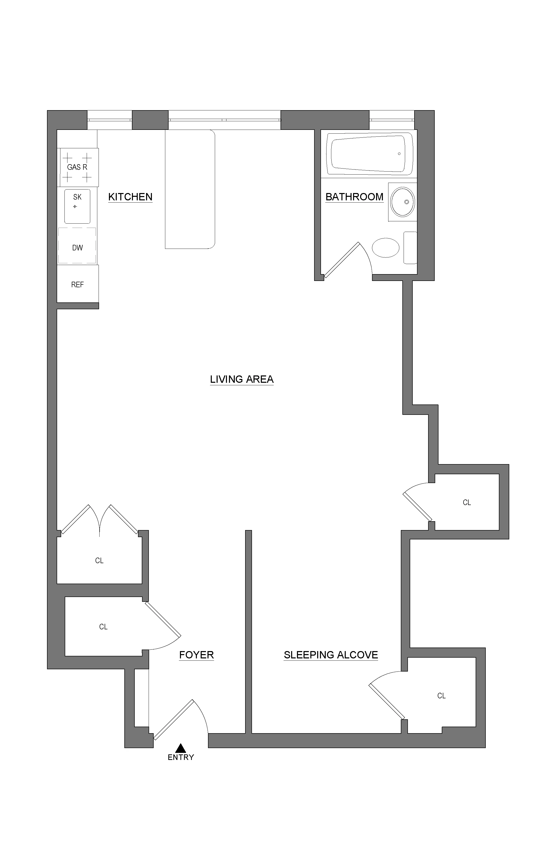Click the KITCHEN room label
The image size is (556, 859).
130,197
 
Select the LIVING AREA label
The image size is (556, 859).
242,379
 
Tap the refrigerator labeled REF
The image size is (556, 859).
78,284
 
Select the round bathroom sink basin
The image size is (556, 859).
403,202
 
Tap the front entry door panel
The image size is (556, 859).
173,720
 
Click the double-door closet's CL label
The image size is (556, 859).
99,561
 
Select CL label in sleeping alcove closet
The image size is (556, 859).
441,696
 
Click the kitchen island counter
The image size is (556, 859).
190,189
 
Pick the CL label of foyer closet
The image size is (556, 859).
103,627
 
